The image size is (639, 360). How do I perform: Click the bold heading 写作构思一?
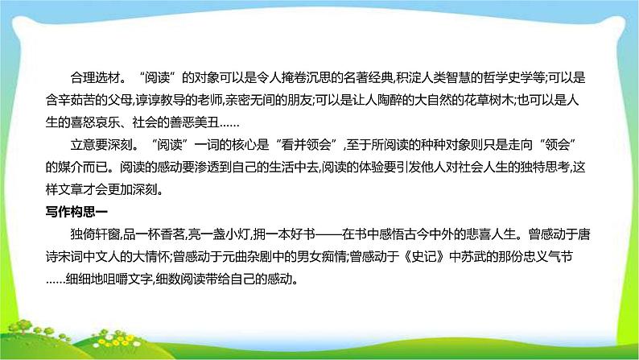74,213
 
